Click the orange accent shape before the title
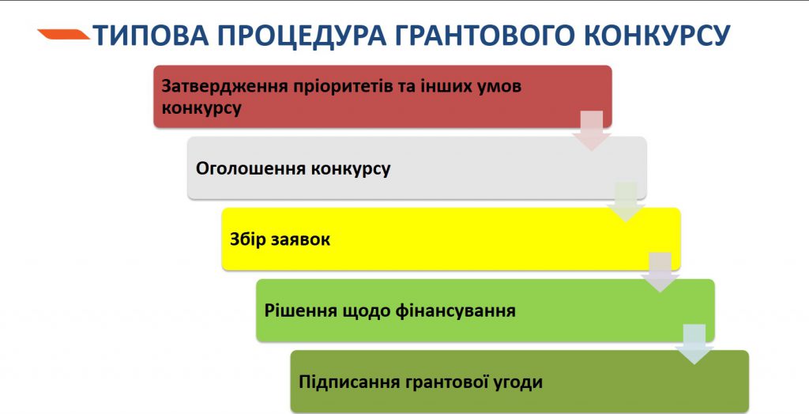click(x=63, y=34)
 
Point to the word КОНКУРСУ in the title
click(x=653, y=36)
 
